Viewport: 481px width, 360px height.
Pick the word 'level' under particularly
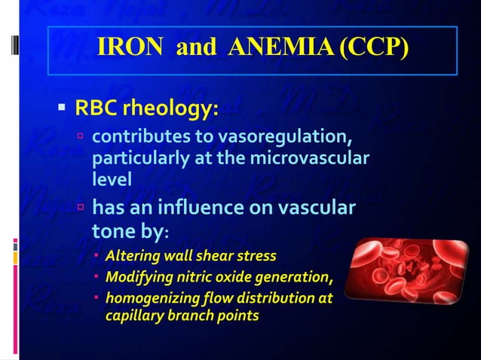coord(112,179)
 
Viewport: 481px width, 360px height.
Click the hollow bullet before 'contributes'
coord(81,139)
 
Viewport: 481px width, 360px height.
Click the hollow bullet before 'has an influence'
coord(81,206)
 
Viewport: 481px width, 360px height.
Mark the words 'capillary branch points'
coord(181,316)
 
